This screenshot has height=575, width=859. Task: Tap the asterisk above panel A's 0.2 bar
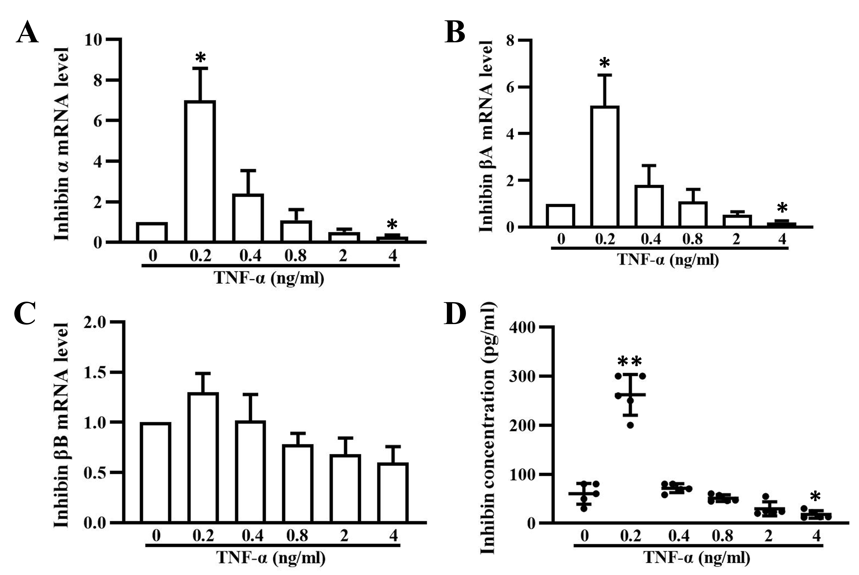200,57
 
